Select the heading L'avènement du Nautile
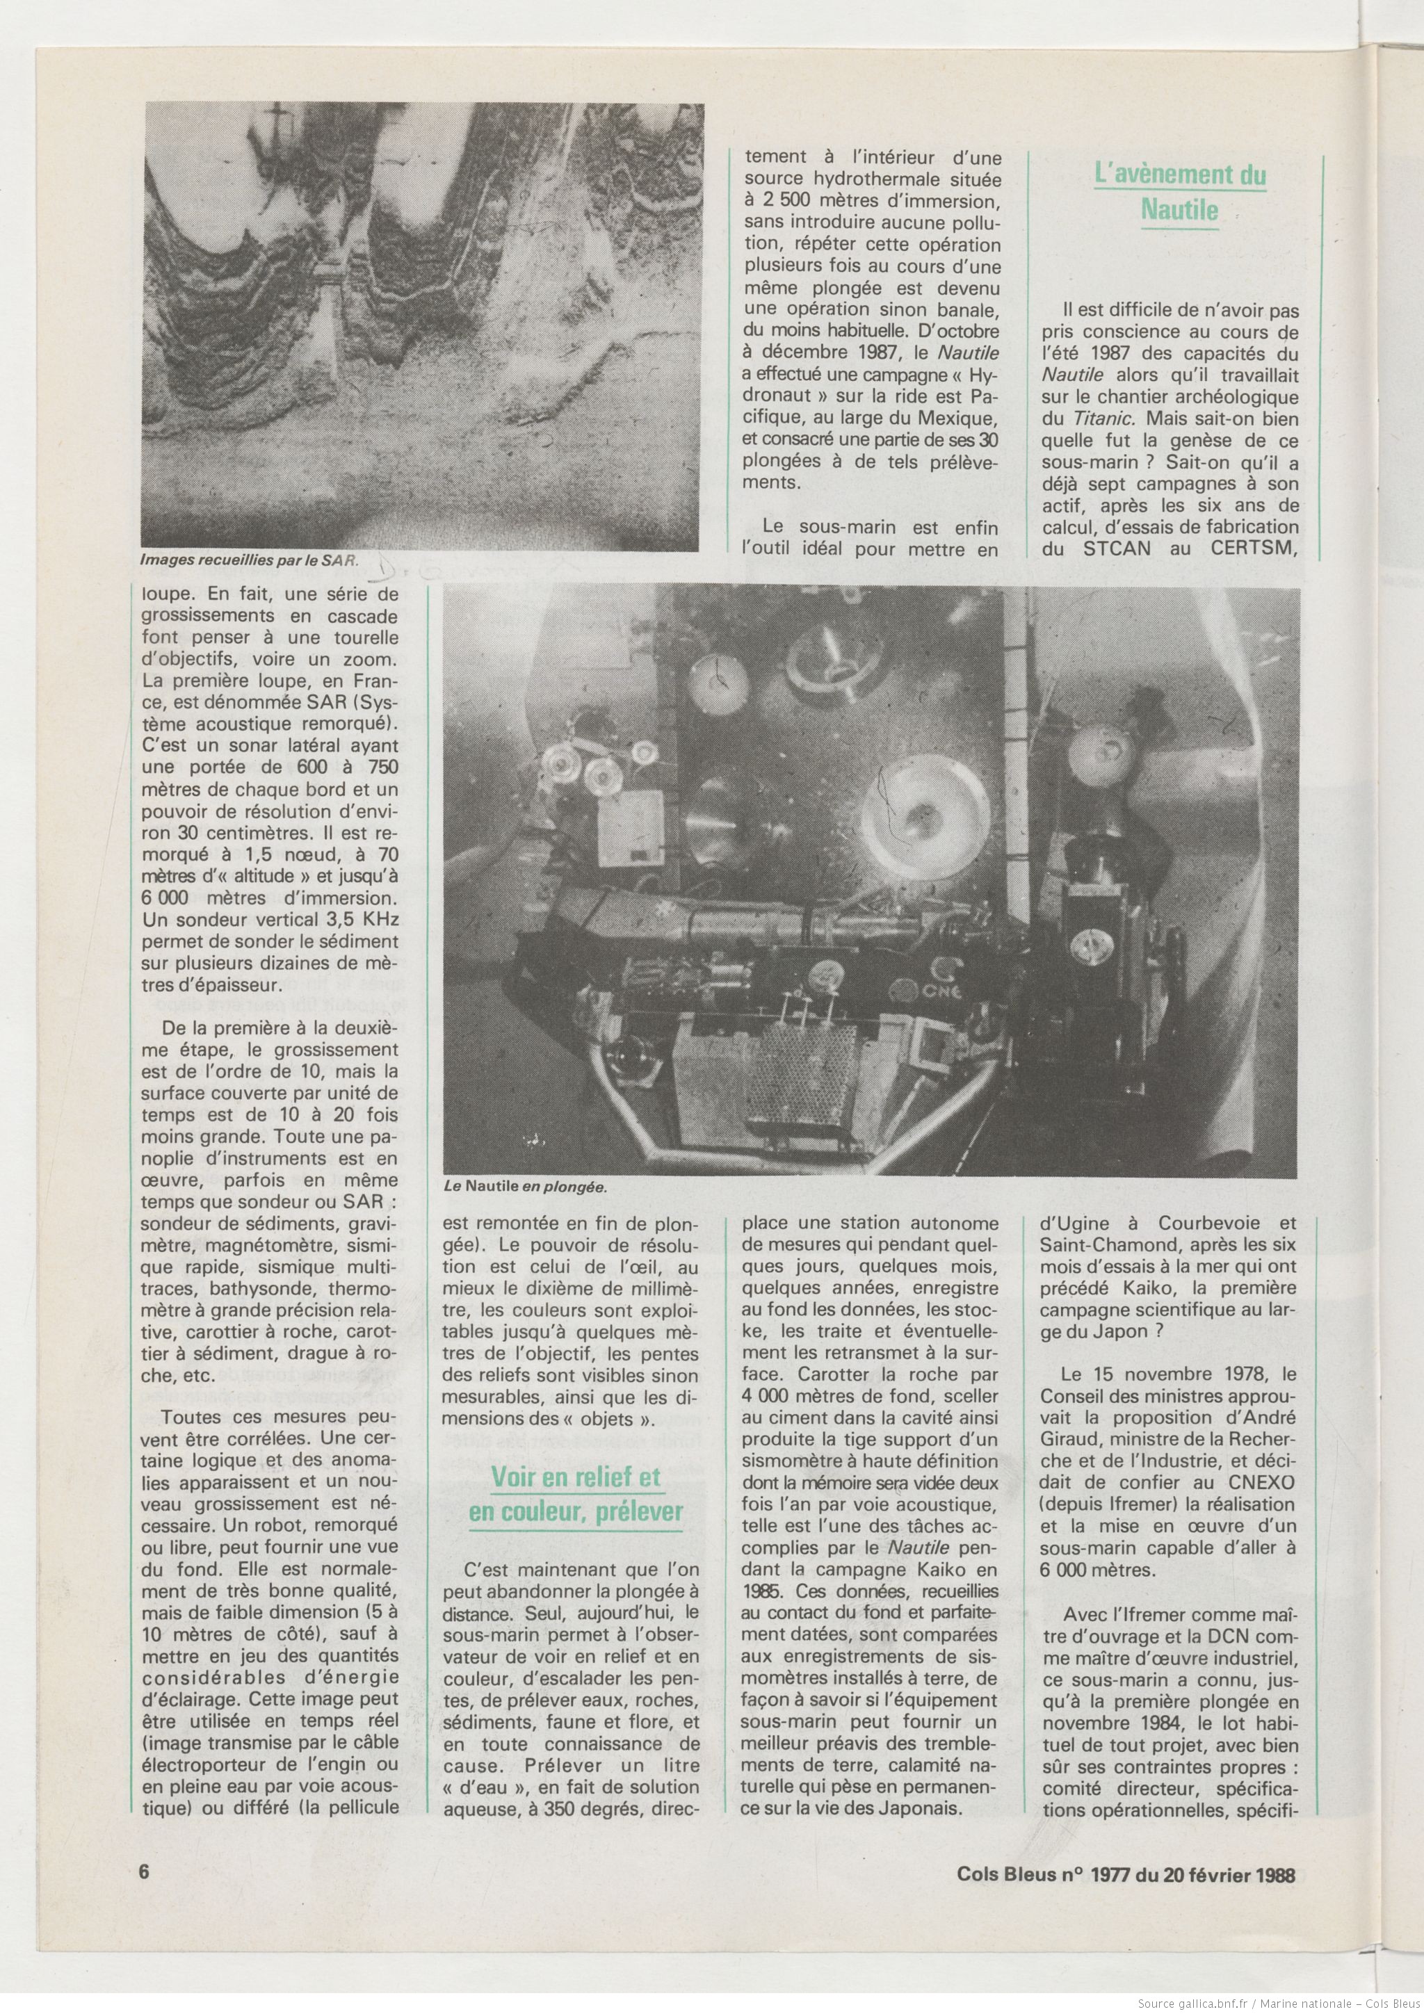coord(1181,192)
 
